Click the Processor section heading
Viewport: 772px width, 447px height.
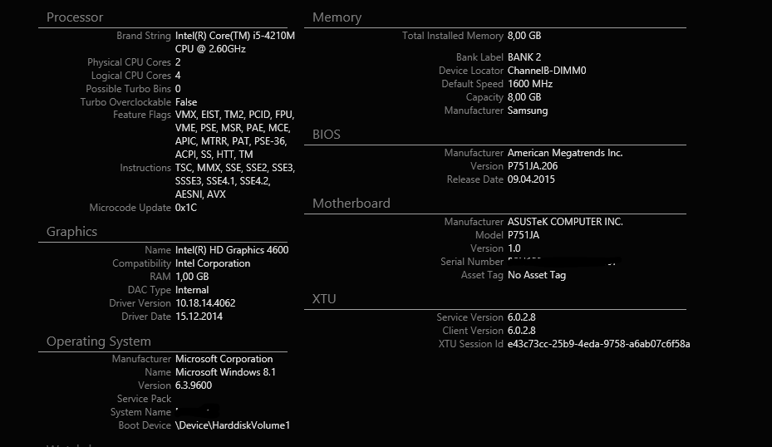[75, 17]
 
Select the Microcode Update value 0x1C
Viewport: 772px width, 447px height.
[185, 208]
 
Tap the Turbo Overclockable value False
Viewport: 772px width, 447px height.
[186, 102]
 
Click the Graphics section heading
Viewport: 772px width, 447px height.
[71, 232]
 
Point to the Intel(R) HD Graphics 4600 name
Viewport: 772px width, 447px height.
[232, 250]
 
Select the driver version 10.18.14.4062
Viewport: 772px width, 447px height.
[205, 303]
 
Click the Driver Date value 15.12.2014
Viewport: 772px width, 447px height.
[199, 317]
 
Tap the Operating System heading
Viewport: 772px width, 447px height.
[98, 341]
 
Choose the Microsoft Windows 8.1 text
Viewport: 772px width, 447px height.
[225, 372]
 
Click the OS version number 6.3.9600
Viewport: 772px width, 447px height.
[193, 386]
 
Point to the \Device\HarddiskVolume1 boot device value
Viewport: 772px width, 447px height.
[232, 425]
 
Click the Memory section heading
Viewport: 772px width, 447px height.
[337, 17]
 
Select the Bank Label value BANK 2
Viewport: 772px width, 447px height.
[524, 57]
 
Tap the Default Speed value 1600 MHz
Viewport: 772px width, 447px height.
[530, 84]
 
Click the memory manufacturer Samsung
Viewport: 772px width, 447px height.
[528, 111]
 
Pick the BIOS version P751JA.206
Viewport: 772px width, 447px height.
[533, 166]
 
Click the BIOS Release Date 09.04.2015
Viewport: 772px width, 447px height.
[531, 179]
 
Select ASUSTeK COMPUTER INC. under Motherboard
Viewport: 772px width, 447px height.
[565, 222]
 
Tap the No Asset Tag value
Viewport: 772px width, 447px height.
[537, 275]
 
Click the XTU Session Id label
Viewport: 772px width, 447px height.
[470, 344]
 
